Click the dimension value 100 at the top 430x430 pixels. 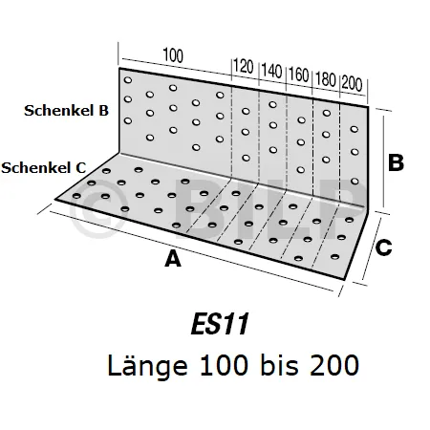173,55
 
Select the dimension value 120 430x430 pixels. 244,67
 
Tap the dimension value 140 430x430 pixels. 271,71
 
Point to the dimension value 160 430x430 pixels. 299,75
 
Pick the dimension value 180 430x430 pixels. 326,79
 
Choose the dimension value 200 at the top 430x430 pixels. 352,84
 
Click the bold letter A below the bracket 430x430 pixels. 173,259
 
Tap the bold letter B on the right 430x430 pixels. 396,162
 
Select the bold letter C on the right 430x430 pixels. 383,247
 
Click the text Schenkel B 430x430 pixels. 66,111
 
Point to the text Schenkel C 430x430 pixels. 44,168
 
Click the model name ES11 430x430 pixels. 220,324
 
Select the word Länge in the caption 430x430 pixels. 147,366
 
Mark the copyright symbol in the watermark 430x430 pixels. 97,208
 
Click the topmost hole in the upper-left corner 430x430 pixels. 128,80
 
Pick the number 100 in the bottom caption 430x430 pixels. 224,365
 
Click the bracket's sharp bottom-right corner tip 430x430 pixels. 344,280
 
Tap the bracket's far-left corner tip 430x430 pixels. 55,200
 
